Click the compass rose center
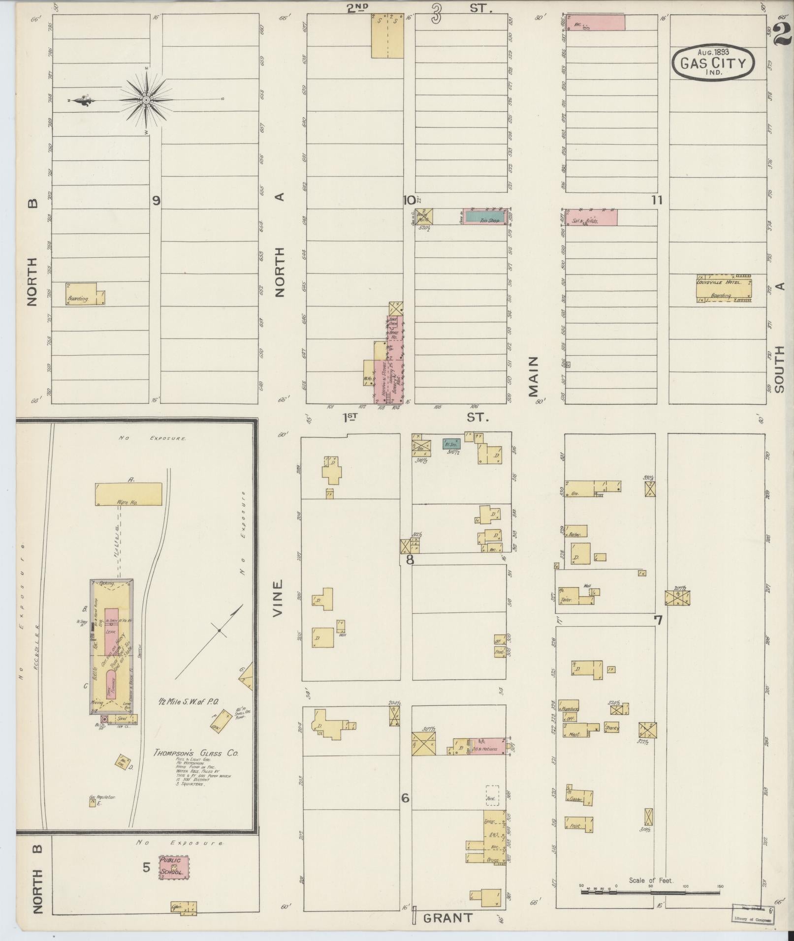tap(146, 100)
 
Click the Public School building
tap(173, 867)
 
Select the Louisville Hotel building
tap(724, 289)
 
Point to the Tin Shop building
tap(485, 216)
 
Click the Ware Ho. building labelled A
tap(128, 494)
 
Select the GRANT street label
tap(448, 918)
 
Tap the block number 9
tap(156, 200)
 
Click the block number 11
tap(657, 200)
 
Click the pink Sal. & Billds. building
tap(591, 217)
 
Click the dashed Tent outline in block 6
tap(492, 795)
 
